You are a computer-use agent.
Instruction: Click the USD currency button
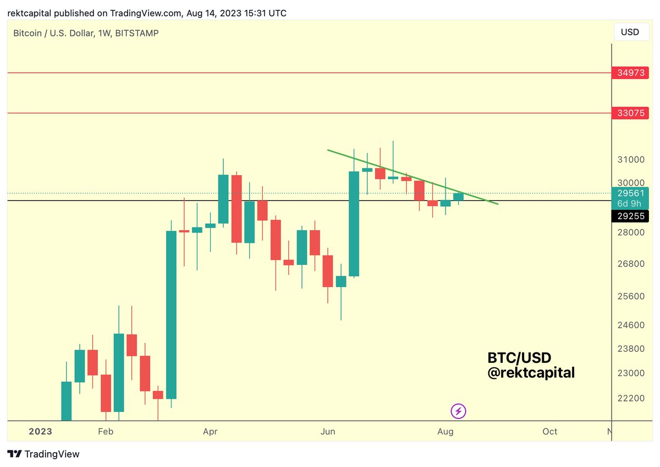pyautogui.click(x=630, y=32)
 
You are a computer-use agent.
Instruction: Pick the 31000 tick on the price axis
pyautogui.click(x=630, y=160)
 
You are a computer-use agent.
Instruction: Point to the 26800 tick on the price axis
pyautogui.click(x=630, y=263)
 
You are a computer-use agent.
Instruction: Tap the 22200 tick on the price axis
pyautogui.click(x=630, y=398)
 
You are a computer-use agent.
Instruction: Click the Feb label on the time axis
pyautogui.click(x=106, y=431)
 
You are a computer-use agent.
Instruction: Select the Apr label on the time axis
pyautogui.click(x=210, y=431)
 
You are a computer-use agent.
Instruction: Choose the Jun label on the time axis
pyautogui.click(x=328, y=431)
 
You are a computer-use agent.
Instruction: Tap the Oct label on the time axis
pyautogui.click(x=549, y=431)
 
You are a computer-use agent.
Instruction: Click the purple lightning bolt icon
pyautogui.click(x=459, y=410)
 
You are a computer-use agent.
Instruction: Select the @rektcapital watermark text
pyautogui.click(x=531, y=373)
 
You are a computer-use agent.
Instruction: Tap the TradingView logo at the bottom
pyautogui.click(x=44, y=454)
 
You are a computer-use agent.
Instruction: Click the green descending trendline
pyautogui.click(x=413, y=177)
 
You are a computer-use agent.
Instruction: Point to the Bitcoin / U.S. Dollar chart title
pyautogui.click(x=86, y=33)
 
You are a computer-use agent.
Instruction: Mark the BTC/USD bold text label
pyautogui.click(x=519, y=358)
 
